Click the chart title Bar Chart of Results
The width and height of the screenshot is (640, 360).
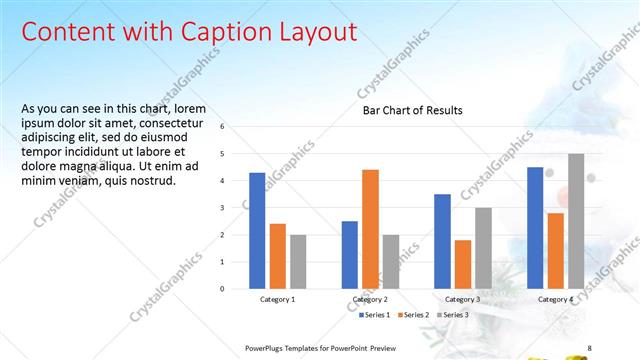point(412,110)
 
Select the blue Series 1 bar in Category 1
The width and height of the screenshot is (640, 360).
point(257,230)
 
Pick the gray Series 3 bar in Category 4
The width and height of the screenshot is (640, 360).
point(576,221)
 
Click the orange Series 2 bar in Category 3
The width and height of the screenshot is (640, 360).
point(463,264)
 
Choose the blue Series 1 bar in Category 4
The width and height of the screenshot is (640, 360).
point(536,227)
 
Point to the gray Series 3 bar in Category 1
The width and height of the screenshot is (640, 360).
point(298,261)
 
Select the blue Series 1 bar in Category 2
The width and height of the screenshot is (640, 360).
point(350,254)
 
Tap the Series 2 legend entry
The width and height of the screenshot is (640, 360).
point(417,315)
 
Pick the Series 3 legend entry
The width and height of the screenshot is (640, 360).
point(457,315)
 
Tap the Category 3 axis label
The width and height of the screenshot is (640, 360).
point(463,299)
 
